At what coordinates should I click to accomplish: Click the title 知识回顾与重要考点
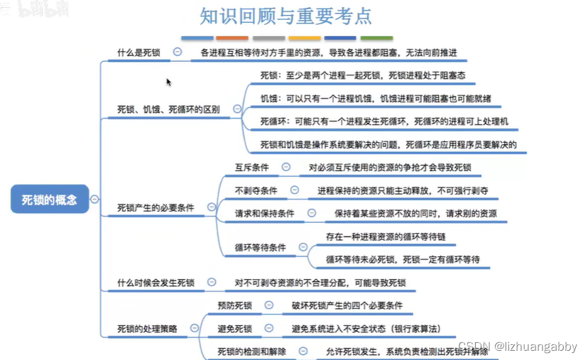pos(285,16)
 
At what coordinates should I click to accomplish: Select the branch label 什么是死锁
pos(138,53)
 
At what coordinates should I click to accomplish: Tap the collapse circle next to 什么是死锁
pos(177,52)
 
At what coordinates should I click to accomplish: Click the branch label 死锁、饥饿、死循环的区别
pos(168,110)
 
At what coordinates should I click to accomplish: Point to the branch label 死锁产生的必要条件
pos(156,208)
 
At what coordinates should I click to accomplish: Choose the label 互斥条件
pos(252,168)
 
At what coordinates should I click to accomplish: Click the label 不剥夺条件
pos(256,191)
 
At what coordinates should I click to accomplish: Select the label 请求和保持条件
pos(265,214)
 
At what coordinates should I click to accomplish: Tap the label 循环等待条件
pos(261,248)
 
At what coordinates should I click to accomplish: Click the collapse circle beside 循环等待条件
pos(303,247)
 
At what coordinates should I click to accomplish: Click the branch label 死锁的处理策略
pos(147,329)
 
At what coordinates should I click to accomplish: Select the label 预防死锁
pos(235,306)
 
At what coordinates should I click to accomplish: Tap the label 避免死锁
pos(235,329)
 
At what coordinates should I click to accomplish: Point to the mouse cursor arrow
pos(169,82)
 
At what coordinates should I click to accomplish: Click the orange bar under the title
pos(232,37)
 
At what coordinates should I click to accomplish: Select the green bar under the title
pos(376,37)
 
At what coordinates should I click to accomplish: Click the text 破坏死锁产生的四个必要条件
pos(347,306)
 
